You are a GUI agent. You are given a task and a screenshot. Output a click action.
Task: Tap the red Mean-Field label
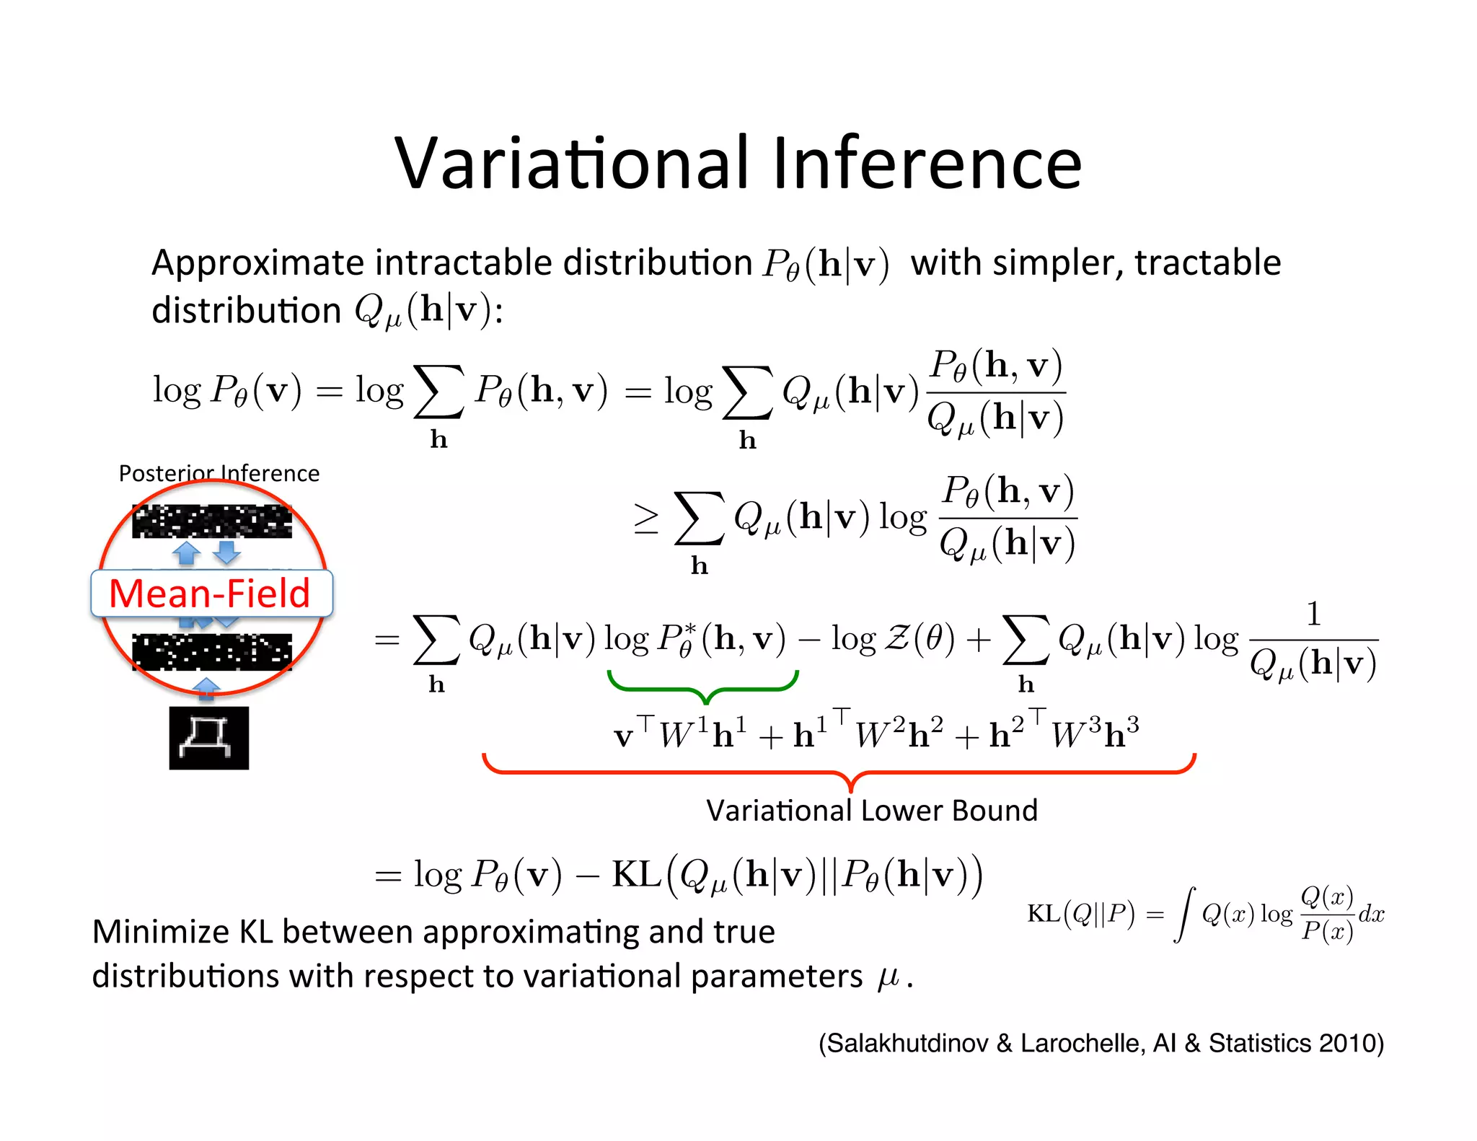pyautogui.click(x=210, y=594)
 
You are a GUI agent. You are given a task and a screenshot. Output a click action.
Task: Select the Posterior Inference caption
pyautogui.click(x=219, y=473)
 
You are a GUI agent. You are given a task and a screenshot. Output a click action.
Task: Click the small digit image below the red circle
pyautogui.click(x=209, y=738)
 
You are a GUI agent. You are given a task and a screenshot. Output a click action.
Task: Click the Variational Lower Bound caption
pyautogui.click(x=871, y=811)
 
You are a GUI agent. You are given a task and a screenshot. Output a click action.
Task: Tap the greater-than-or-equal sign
pyautogui.click(x=645, y=519)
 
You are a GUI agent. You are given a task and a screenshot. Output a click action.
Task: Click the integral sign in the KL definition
pyautogui.click(x=1183, y=915)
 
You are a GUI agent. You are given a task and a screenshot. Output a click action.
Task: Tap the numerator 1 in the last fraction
pyautogui.click(x=1313, y=614)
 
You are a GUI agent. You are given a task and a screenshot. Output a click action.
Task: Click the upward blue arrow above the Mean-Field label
pyautogui.click(x=187, y=553)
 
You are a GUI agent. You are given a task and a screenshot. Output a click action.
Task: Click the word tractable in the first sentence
pyautogui.click(x=1207, y=263)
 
